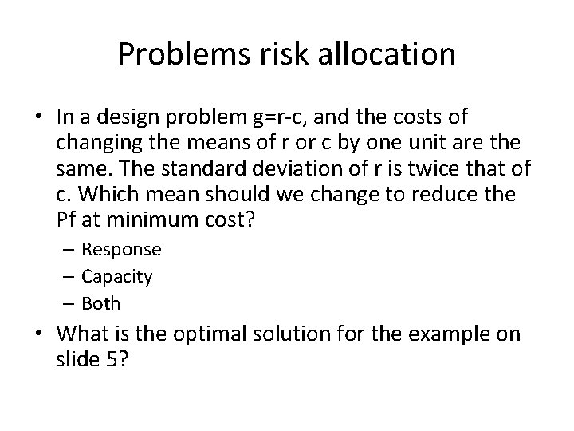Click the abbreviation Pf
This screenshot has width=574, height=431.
click(x=69, y=219)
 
